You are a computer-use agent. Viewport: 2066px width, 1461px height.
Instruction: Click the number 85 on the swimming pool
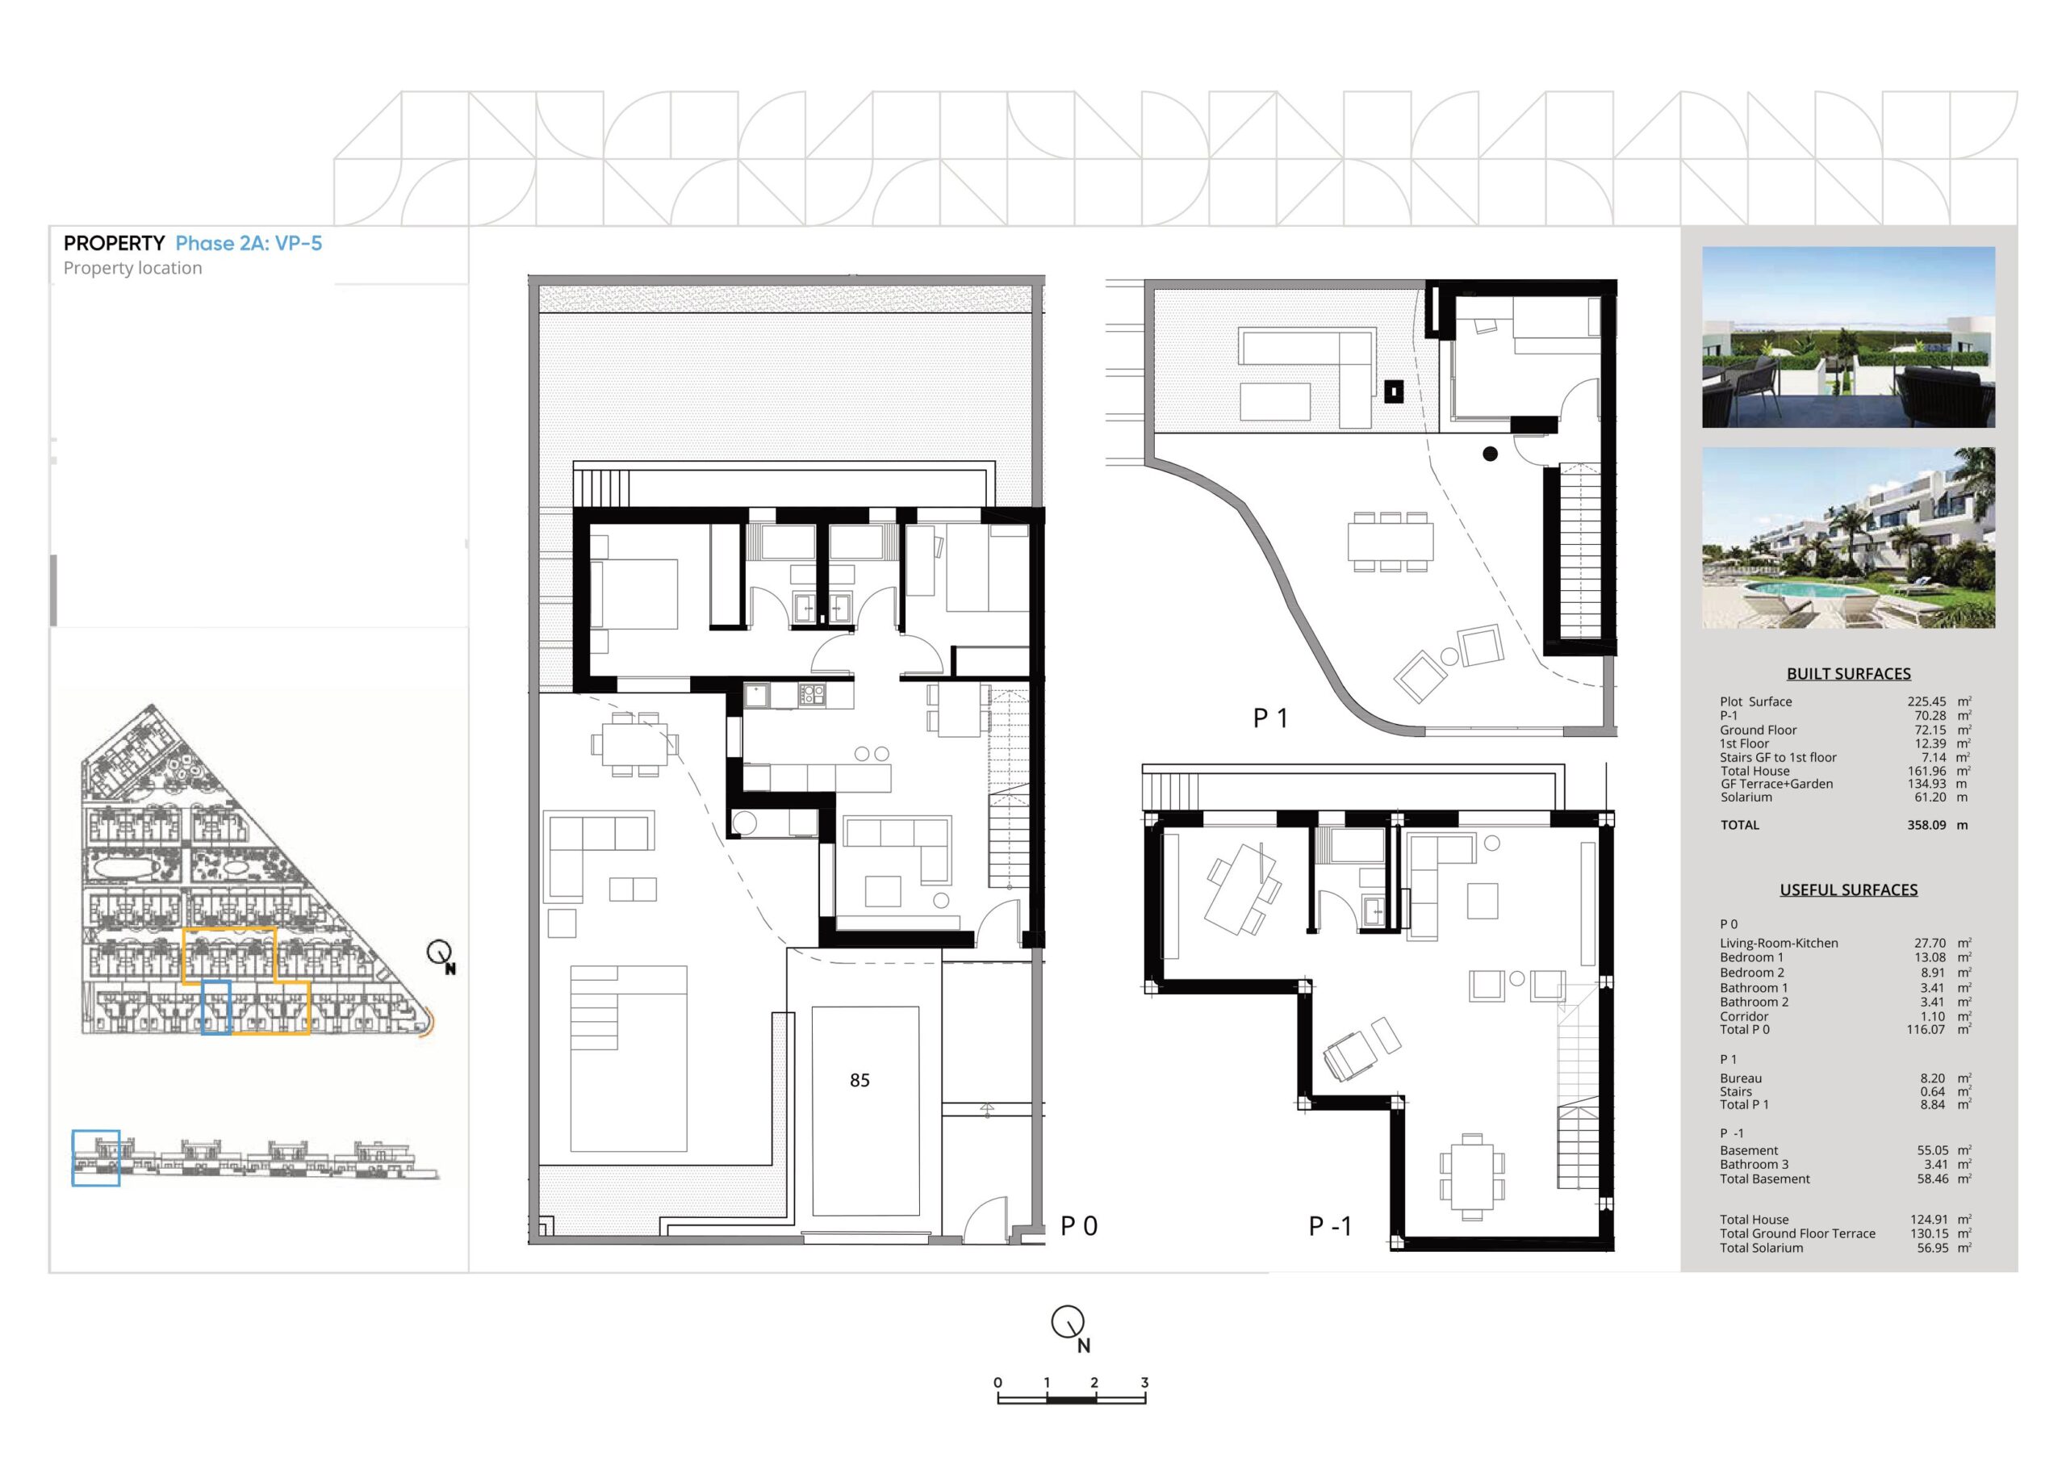(x=859, y=1080)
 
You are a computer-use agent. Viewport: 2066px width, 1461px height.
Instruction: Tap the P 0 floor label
(x=1079, y=1226)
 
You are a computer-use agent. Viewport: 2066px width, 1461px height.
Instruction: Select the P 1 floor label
(x=1270, y=718)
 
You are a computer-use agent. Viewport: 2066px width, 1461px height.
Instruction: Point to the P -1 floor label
(x=1330, y=1226)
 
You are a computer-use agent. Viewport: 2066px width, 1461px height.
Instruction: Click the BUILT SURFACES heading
(x=1848, y=673)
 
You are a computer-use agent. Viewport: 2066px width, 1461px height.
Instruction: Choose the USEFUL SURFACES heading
(x=1848, y=890)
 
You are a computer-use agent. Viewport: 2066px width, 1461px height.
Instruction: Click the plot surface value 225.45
(x=1926, y=701)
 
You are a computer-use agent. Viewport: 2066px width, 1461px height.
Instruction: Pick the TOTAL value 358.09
(x=1926, y=825)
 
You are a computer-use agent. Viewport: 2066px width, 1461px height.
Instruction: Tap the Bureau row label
(x=1741, y=1078)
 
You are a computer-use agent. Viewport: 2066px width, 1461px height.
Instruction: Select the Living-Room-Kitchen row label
(x=1779, y=944)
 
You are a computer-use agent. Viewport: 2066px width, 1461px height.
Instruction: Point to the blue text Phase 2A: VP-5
(x=249, y=243)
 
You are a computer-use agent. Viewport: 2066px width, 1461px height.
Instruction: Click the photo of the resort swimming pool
(x=1848, y=538)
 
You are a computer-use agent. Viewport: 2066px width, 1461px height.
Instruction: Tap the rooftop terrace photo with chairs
(x=1848, y=337)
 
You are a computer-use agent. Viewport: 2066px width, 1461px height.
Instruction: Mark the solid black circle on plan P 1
(x=1490, y=454)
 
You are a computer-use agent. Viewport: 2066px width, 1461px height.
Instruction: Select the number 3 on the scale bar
(x=1144, y=1383)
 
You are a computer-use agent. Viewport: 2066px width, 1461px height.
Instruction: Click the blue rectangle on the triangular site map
(x=216, y=1007)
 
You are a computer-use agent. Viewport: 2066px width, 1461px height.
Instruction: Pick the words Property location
(x=132, y=268)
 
